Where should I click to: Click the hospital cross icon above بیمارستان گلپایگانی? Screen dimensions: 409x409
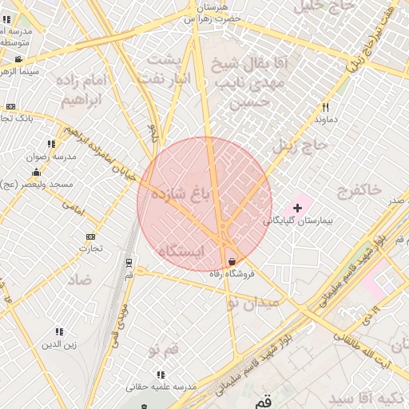pos(298,208)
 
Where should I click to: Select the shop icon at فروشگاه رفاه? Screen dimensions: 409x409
pos(232,261)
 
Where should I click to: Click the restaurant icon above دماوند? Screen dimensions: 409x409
pos(325,107)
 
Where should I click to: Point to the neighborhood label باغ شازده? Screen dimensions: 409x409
pos(179,196)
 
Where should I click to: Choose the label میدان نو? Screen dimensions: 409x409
pos(254,303)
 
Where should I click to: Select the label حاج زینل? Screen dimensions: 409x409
pos(300,145)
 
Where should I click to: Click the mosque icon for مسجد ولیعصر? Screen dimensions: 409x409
pos(35,173)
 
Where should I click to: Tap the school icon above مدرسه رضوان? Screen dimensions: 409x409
pos(51,145)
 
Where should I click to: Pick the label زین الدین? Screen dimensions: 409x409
pos(59,345)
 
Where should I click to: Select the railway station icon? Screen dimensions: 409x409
pos(129,262)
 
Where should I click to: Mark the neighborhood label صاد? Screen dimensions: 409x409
pos(79,279)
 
